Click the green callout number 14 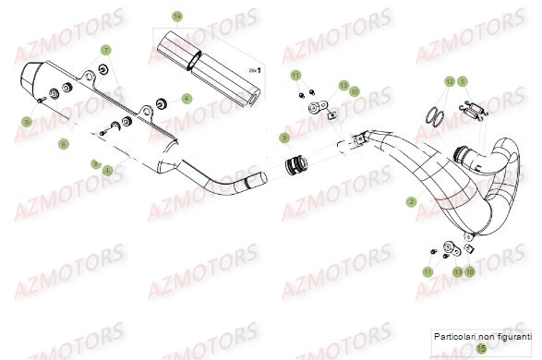point(177,17)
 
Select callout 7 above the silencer point(105,49)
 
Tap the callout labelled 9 point(28,121)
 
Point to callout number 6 point(64,143)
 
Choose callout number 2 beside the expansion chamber point(411,200)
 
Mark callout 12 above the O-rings point(450,81)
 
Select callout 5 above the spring point(464,81)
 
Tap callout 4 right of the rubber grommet point(187,98)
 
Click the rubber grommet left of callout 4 point(163,99)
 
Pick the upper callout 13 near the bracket point(343,85)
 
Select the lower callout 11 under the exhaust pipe point(428,273)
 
